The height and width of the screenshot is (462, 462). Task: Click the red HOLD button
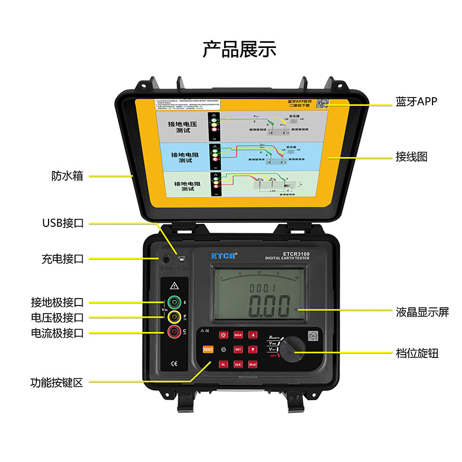[x=238, y=335]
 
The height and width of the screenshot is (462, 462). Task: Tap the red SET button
[x=238, y=349]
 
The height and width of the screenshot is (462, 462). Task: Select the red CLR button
[x=238, y=364]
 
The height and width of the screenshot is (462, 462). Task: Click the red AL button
[x=223, y=364]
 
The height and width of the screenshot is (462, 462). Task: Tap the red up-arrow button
[x=253, y=335]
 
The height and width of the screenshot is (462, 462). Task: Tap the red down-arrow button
[x=253, y=349]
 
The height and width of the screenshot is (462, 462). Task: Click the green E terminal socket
[x=173, y=302]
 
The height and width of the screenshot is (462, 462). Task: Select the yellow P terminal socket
[x=173, y=316]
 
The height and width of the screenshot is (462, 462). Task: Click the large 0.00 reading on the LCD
[x=269, y=307]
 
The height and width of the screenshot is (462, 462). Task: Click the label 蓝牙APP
[x=416, y=102]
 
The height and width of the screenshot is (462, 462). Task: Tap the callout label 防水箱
[x=67, y=176]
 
